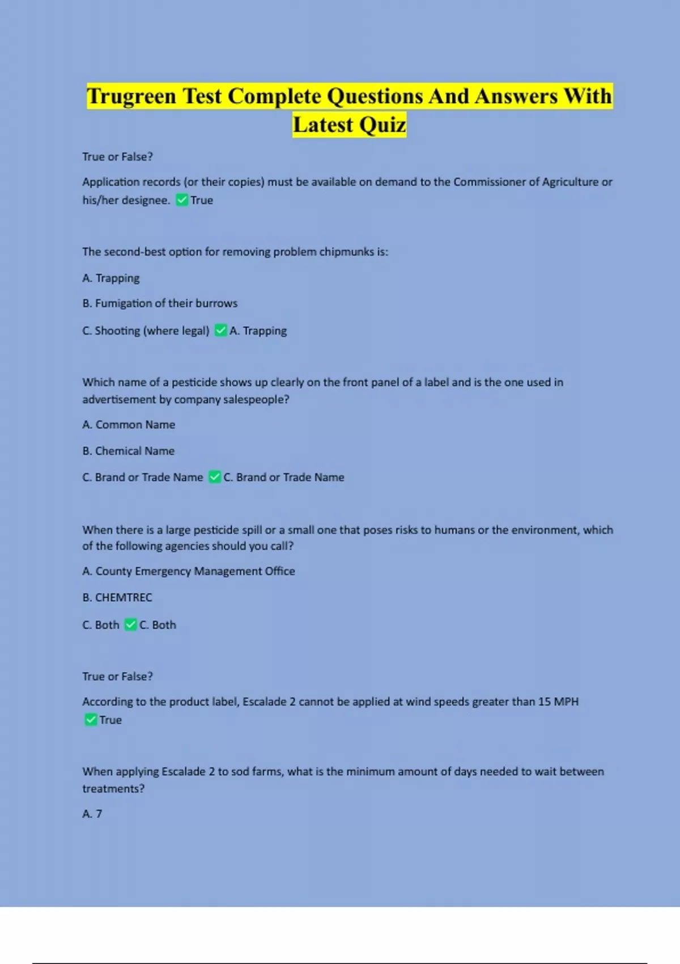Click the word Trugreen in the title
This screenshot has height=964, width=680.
pyautogui.click(x=131, y=96)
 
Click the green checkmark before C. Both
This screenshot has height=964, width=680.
pyautogui.click(x=130, y=624)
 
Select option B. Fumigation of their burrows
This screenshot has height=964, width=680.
pyautogui.click(x=160, y=303)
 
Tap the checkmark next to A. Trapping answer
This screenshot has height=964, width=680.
pyautogui.click(x=220, y=330)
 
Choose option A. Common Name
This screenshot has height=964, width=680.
pyautogui.click(x=129, y=425)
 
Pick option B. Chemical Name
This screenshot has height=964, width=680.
pyautogui.click(x=129, y=451)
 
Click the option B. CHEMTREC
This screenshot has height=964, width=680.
pyautogui.click(x=117, y=597)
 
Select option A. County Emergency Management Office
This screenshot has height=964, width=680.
pyautogui.click(x=189, y=571)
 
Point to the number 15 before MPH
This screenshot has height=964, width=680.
pyautogui.click(x=544, y=701)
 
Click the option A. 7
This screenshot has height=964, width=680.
pyautogui.click(x=92, y=814)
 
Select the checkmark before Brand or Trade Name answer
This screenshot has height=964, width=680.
pyautogui.click(x=214, y=477)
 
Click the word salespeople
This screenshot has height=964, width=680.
pyautogui.click(x=256, y=399)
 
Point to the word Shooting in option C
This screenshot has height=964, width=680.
pyautogui.click(x=117, y=331)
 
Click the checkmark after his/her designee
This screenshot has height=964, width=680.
pyautogui.click(x=181, y=200)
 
